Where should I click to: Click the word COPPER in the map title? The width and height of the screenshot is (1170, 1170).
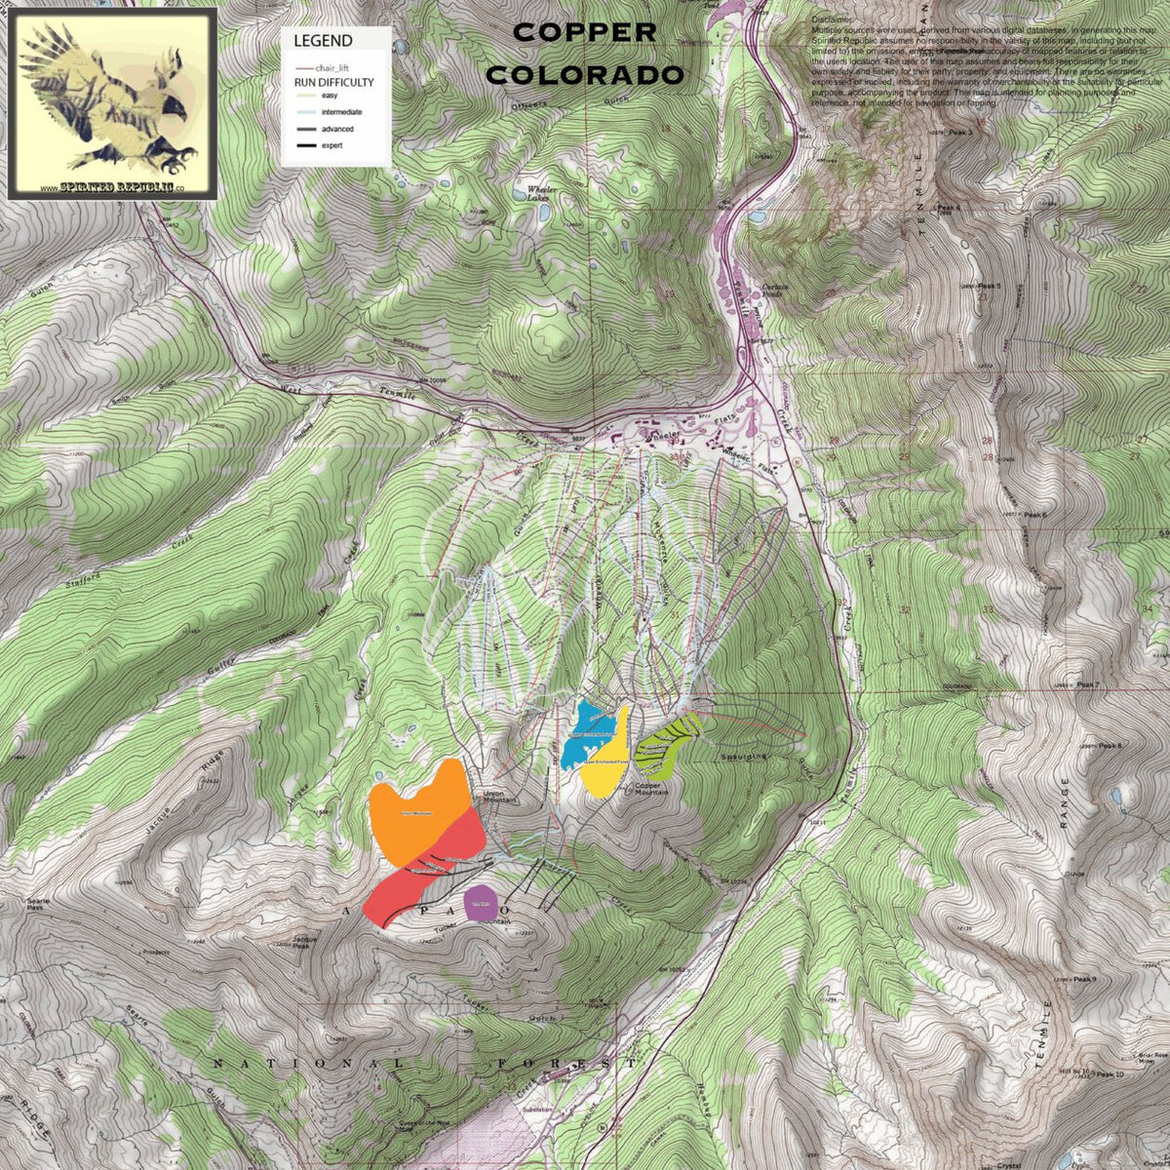click(x=584, y=32)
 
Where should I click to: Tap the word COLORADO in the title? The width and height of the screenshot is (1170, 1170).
click(x=584, y=75)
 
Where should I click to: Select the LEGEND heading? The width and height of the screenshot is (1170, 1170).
click(x=323, y=41)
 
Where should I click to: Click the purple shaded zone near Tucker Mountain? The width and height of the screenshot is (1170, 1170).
click(x=481, y=903)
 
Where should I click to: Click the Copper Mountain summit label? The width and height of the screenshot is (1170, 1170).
click(x=650, y=789)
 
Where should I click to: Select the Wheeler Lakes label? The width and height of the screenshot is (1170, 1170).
click(x=539, y=193)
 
